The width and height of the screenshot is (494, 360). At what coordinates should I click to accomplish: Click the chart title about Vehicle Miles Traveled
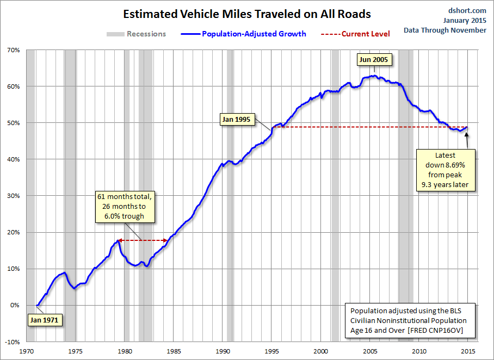246,14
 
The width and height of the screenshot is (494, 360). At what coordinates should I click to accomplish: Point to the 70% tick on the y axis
13,50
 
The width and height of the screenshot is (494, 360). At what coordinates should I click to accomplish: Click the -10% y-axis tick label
12,342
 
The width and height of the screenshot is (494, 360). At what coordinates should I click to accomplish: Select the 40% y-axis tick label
13,159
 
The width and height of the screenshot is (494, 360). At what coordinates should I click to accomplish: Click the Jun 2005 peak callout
373,60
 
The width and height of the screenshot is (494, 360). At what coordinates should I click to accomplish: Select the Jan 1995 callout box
237,119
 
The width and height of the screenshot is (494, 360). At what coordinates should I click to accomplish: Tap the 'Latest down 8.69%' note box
445,170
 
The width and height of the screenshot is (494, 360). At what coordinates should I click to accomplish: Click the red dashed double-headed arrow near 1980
143,240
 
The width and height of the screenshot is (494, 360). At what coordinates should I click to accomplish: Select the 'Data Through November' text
445,30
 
